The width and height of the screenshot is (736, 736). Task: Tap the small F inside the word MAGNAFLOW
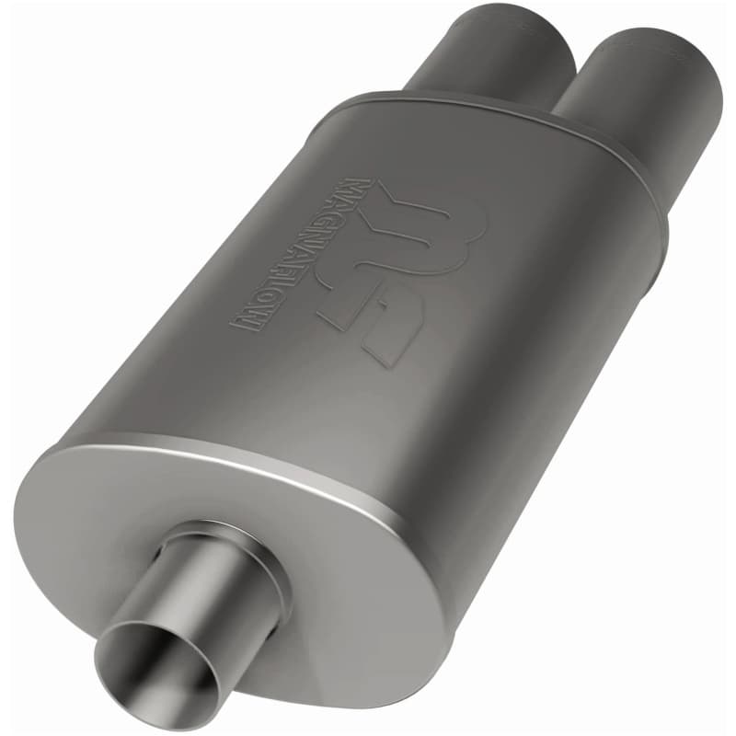pyautogui.click(x=287, y=267)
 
